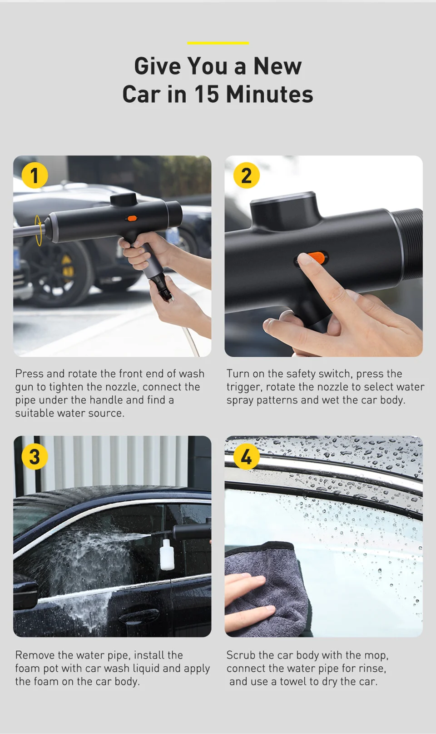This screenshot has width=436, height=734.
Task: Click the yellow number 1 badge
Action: point(35,175)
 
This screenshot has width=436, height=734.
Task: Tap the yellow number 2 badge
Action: point(247,175)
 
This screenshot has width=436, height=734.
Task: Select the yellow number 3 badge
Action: point(35,456)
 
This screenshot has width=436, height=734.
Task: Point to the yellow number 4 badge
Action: point(247,456)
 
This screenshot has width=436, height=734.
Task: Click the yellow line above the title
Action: point(218,43)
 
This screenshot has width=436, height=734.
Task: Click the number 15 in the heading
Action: point(207,95)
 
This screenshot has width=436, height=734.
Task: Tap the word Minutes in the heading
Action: point(269,95)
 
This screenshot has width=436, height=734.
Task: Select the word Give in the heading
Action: point(158,66)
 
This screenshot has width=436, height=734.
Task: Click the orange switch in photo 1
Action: point(132,218)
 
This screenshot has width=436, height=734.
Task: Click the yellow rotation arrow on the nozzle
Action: point(39,230)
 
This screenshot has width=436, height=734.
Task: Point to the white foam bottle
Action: point(167,554)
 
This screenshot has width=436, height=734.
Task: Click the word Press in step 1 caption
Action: point(30,374)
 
